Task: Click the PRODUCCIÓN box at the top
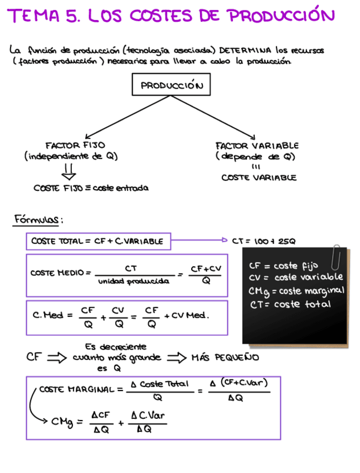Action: pyautogui.click(x=171, y=86)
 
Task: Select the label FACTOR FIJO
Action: pyautogui.click(x=75, y=145)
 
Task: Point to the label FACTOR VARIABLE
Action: pyautogui.click(x=257, y=146)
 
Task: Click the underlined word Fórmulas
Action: pyautogui.click(x=37, y=220)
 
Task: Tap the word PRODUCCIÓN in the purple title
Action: pyautogui.click(x=281, y=16)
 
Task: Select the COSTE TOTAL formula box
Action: pyautogui.click(x=98, y=242)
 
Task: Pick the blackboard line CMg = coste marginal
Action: pyautogui.click(x=296, y=291)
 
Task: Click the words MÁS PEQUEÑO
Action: pyautogui.click(x=225, y=358)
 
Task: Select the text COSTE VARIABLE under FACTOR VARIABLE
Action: pyautogui.click(x=259, y=178)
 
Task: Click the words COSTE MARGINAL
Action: pyautogui.click(x=77, y=389)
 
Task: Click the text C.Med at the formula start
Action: pyautogui.click(x=48, y=315)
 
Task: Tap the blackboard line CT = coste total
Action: pyautogui.click(x=290, y=304)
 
